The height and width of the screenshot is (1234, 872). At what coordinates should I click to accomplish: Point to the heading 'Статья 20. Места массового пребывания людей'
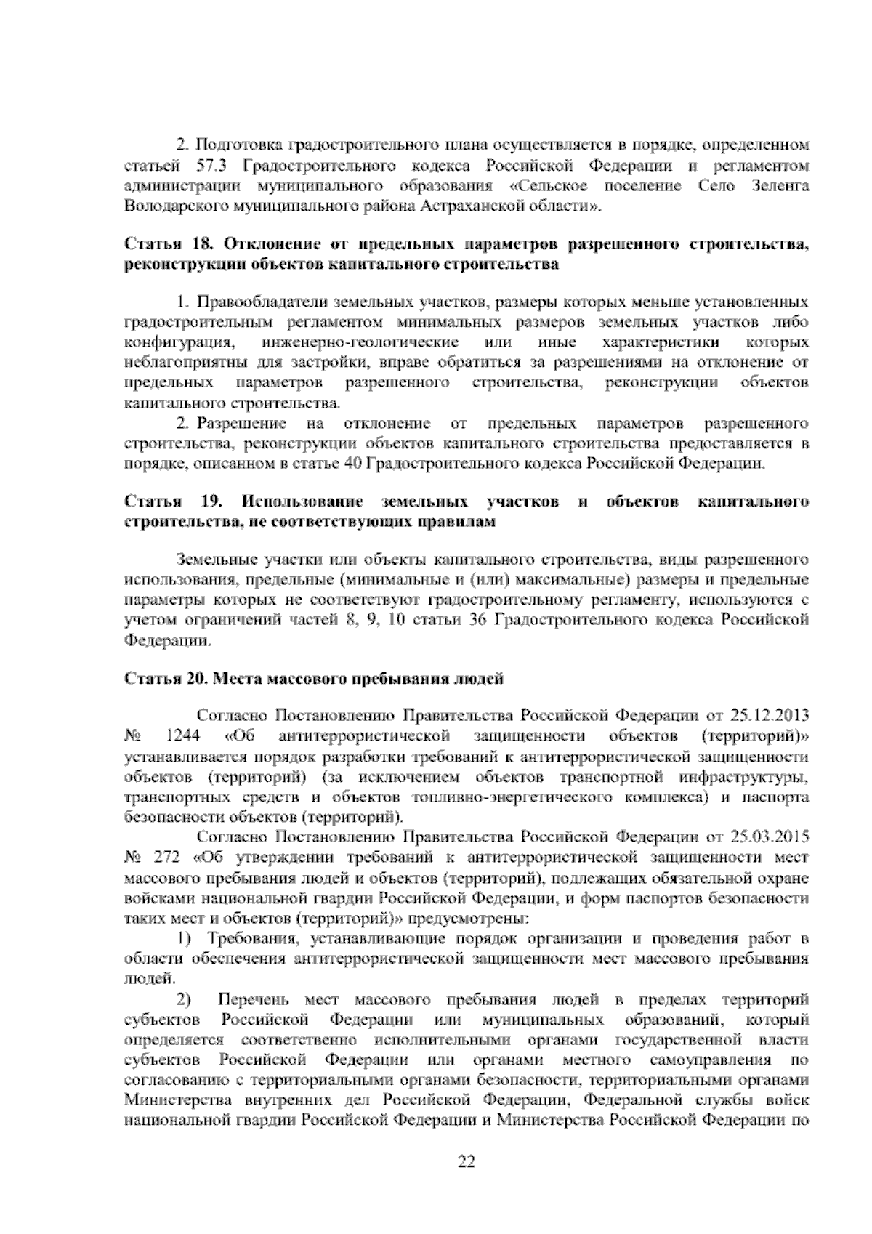[314, 680]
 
